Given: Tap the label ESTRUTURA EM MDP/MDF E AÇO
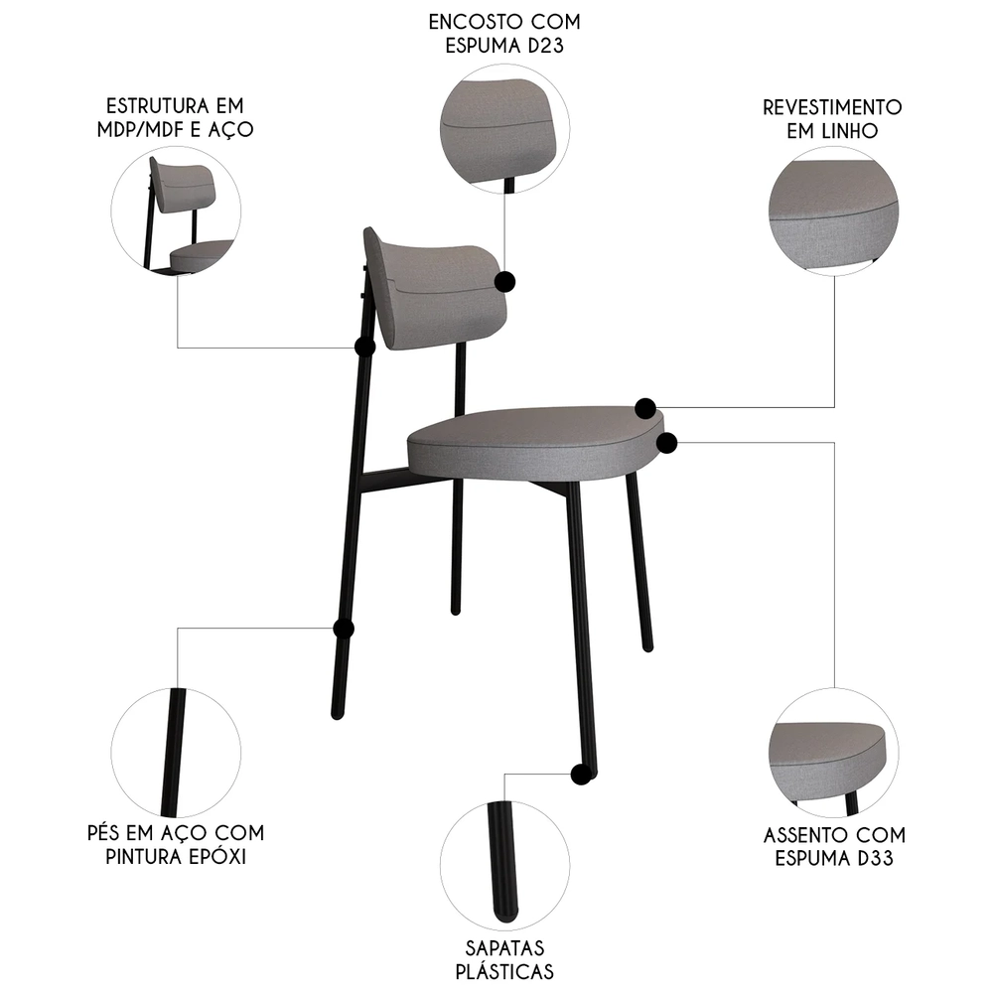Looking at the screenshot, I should pos(175,117).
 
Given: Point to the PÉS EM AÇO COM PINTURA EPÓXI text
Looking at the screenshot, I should pos(176,844).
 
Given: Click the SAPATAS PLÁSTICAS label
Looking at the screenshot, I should pos(504,959).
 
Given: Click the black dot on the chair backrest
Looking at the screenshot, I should pos(504,282).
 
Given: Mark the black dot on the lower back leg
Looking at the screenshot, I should pos(344,629).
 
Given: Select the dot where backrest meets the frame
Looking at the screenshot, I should pos(364,347).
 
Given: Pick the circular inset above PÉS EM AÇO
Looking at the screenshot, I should pos(176,751).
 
